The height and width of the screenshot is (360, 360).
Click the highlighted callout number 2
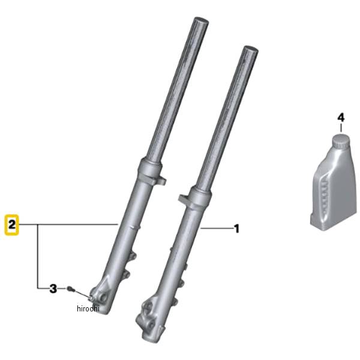click(12, 224)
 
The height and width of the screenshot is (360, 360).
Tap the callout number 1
click(236, 229)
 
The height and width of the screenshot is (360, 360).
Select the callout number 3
click(53, 289)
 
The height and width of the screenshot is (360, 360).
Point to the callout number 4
click(341, 118)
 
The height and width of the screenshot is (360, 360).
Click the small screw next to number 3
click(70, 289)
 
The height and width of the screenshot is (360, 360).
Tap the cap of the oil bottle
click(341, 141)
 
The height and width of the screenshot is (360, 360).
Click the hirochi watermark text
click(88, 308)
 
